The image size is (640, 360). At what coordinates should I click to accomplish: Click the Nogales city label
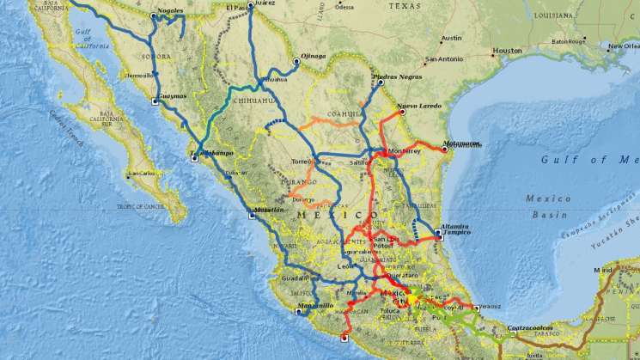click(171, 11)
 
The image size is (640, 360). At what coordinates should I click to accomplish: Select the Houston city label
click(507, 51)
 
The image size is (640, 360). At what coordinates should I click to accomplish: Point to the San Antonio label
click(443, 59)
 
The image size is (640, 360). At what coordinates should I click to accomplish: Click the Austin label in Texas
click(451, 39)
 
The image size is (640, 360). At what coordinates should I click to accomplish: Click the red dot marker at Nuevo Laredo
click(401, 111)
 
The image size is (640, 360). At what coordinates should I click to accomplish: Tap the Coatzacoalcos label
click(533, 327)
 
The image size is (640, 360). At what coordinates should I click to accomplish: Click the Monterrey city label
click(405, 151)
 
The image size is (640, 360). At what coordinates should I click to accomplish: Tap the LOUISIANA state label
click(553, 15)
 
